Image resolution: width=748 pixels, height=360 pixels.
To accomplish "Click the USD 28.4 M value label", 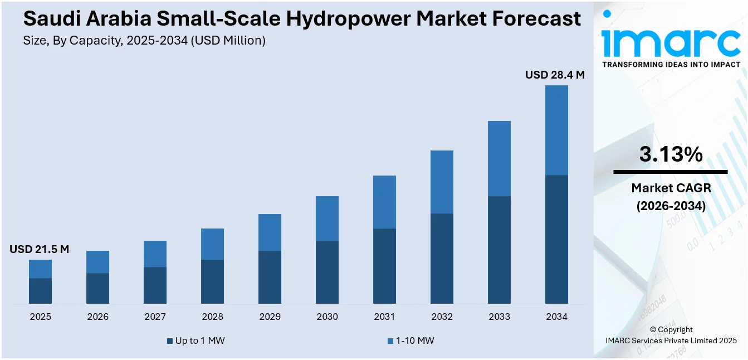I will tap(555, 75).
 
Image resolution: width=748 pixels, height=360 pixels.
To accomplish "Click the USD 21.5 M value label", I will tap(39, 249).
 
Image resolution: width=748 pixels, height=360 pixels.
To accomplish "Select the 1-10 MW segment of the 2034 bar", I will tap(556, 130).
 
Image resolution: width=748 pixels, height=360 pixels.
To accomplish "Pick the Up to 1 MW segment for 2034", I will tap(556, 239).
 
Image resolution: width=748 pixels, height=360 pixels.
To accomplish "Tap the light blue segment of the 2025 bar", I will tap(40, 269).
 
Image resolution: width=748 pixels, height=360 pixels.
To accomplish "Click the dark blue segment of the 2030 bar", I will tap(327, 272).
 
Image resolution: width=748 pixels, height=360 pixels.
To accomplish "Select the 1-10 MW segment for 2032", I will tap(442, 182).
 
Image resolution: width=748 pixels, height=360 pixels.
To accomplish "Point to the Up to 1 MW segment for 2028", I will tap(212, 281).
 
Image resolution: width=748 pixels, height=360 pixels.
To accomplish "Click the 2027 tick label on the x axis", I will tap(155, 317).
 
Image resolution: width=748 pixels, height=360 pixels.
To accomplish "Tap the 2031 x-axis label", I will tap(384, 317).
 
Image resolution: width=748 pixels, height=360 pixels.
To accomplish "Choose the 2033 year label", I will tap(499, 317).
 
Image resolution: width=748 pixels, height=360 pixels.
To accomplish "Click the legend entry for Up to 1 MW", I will tap(195, 340).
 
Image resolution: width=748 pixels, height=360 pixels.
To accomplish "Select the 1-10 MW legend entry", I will tap(410, 340).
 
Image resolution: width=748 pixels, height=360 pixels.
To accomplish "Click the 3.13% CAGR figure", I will tap(671, 154).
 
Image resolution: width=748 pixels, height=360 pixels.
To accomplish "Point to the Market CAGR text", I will tap(671, 188).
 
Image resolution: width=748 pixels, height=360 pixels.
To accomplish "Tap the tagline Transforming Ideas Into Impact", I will tap(671, 65).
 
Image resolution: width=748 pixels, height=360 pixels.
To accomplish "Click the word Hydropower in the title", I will tap(342, 19).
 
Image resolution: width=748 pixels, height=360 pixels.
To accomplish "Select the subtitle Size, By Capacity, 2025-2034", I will tap(144, 40).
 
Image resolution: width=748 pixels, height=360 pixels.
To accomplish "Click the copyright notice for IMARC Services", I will tap(671, 335).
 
